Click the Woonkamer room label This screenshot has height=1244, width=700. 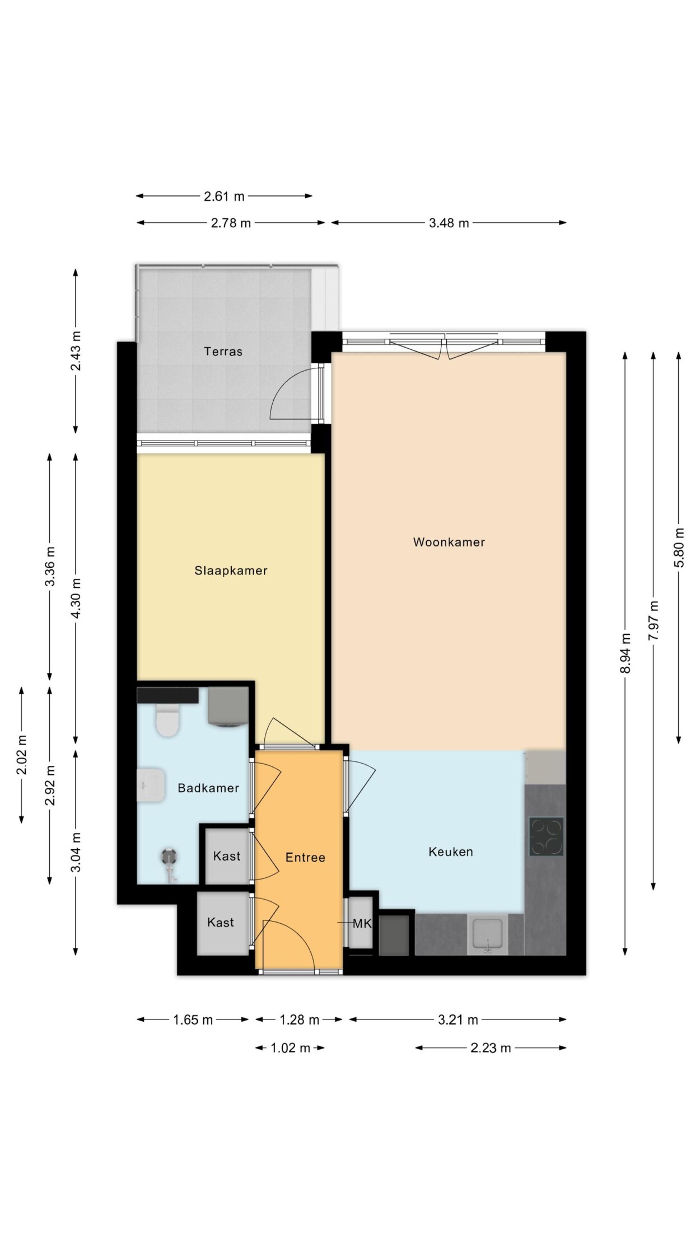[x=449, y=542]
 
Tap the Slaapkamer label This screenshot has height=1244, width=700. [x=231, y=570]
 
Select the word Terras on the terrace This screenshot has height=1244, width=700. [x=223, y=352]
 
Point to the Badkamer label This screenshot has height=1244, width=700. [x=208, y=788]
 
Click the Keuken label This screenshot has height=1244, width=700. [x=451, y=852]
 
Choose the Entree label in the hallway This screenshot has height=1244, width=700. [x=305, y=857]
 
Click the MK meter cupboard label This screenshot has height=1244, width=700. [x=362, y=923]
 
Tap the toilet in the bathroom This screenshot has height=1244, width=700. [x=167, y=720]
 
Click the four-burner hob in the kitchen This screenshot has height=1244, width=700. [x=546, y=836]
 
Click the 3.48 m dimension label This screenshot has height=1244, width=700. [x=449, y=223]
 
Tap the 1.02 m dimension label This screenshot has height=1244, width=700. [x=290, y=1047]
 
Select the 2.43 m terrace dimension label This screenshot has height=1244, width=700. [x=76, y=351]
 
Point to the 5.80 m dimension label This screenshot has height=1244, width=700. [x=679, y=547]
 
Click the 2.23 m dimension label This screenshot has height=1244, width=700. [x=491, y=1047]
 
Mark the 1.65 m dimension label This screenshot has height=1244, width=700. [x=193, y=1019]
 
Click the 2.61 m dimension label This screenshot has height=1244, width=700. [x=224, y=196]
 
